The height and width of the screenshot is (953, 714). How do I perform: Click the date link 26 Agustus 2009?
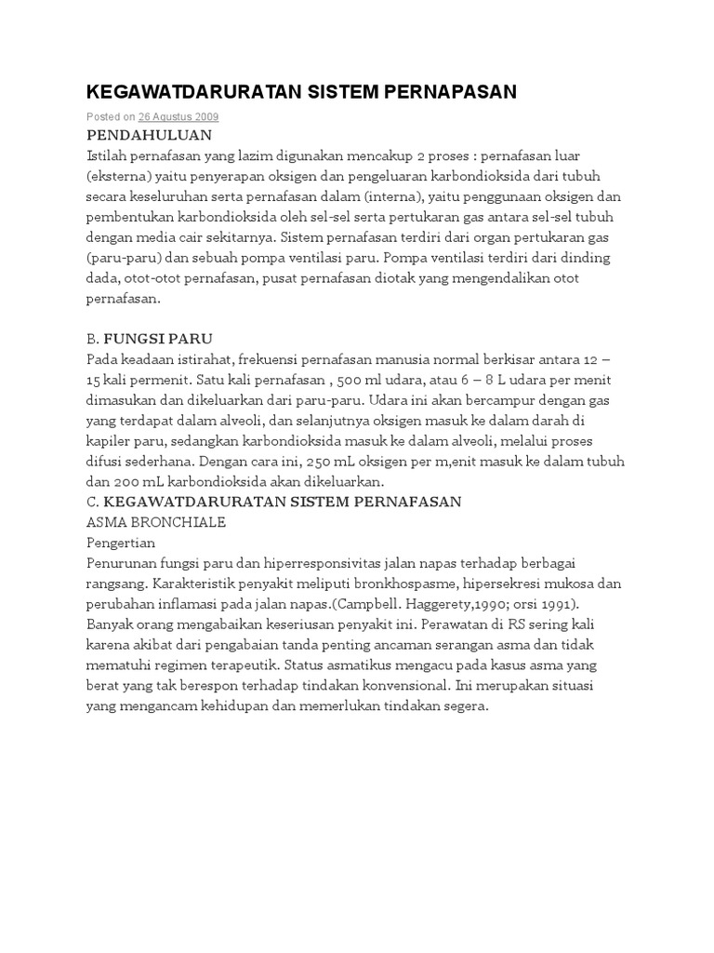click(x=178, y=117)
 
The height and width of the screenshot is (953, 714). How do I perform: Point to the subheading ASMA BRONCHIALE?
click(x=155, y=522)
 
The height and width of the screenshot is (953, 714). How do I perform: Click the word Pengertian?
click(x=121, y=543)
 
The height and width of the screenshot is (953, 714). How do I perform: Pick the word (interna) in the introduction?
click(x=392, y=196)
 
